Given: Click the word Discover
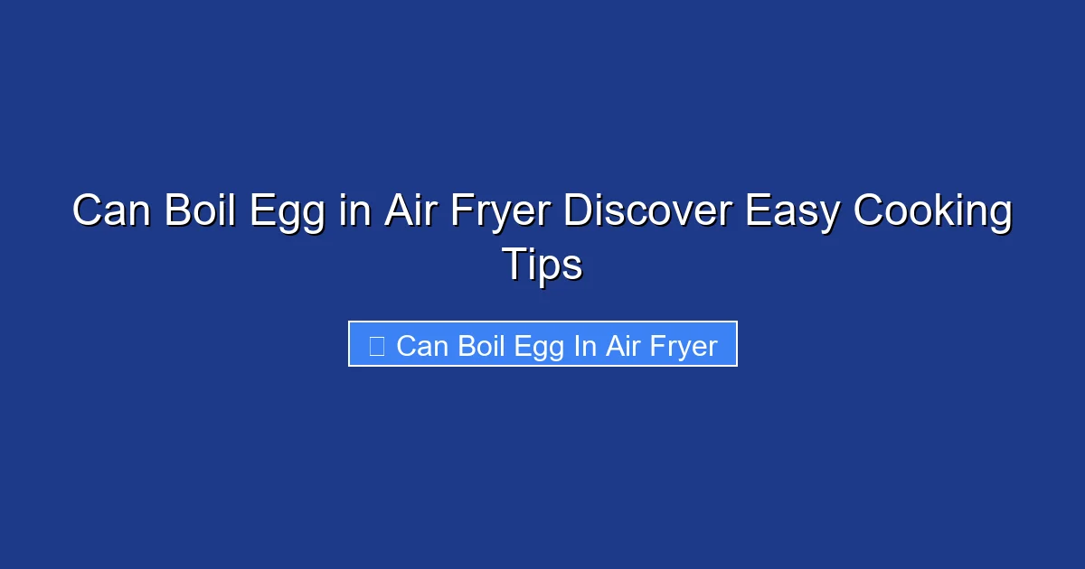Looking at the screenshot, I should coord(648,212).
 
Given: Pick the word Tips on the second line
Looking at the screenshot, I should coord(542,265).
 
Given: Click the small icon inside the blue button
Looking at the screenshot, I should coord(377,345).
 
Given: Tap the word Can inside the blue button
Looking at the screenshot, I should coord(422,345).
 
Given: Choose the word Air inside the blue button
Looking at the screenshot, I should coord(622,345).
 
